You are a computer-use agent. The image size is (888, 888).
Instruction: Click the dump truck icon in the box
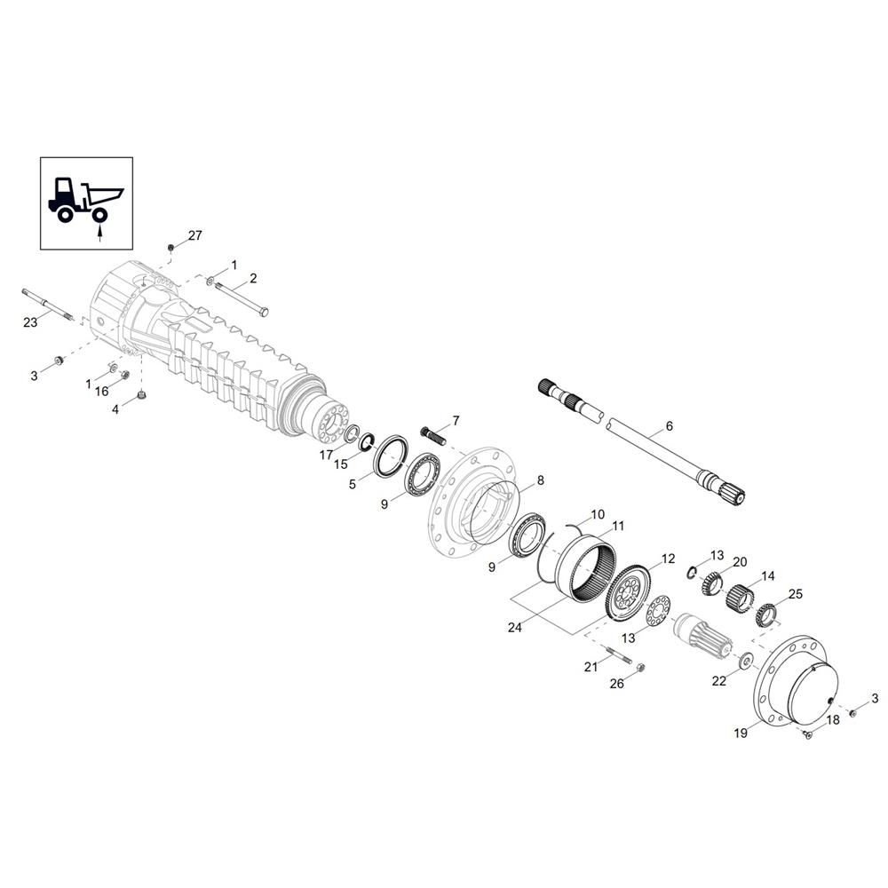point(85,199)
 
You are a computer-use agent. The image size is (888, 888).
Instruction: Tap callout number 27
point(194,235)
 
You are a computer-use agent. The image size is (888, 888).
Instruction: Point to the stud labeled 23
point(48,305)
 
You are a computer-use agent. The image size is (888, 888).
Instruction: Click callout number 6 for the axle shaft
point(670,426)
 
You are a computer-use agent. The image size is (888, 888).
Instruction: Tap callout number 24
point(515,628)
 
